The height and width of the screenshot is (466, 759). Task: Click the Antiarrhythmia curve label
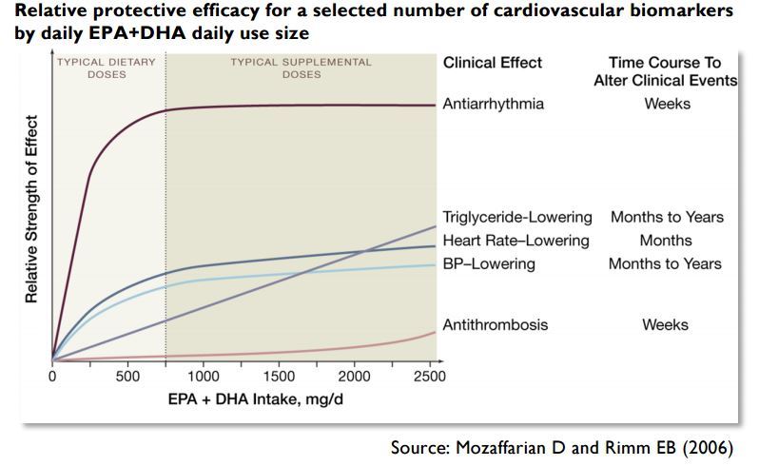[x=494, y=104]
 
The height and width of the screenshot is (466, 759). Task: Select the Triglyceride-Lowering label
[x=517, y=217]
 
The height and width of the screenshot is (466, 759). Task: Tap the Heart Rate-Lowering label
[x=516, y=241]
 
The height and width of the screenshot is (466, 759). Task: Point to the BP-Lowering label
[x=489, y=263]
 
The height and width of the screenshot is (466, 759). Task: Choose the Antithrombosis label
[x=496, y=325]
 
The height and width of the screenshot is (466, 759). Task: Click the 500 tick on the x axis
[x=127, y=377]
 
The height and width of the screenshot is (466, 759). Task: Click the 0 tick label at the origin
[x=52, y=377]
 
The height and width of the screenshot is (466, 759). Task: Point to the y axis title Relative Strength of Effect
[x=31, y=209]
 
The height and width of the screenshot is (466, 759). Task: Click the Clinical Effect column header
[x=493, y=63]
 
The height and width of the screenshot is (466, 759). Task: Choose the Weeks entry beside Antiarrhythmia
[x=666, y=104]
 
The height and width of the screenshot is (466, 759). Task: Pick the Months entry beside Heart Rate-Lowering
[x=666, y=241]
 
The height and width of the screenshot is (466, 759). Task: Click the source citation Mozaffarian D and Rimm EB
[x=562, y=447]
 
